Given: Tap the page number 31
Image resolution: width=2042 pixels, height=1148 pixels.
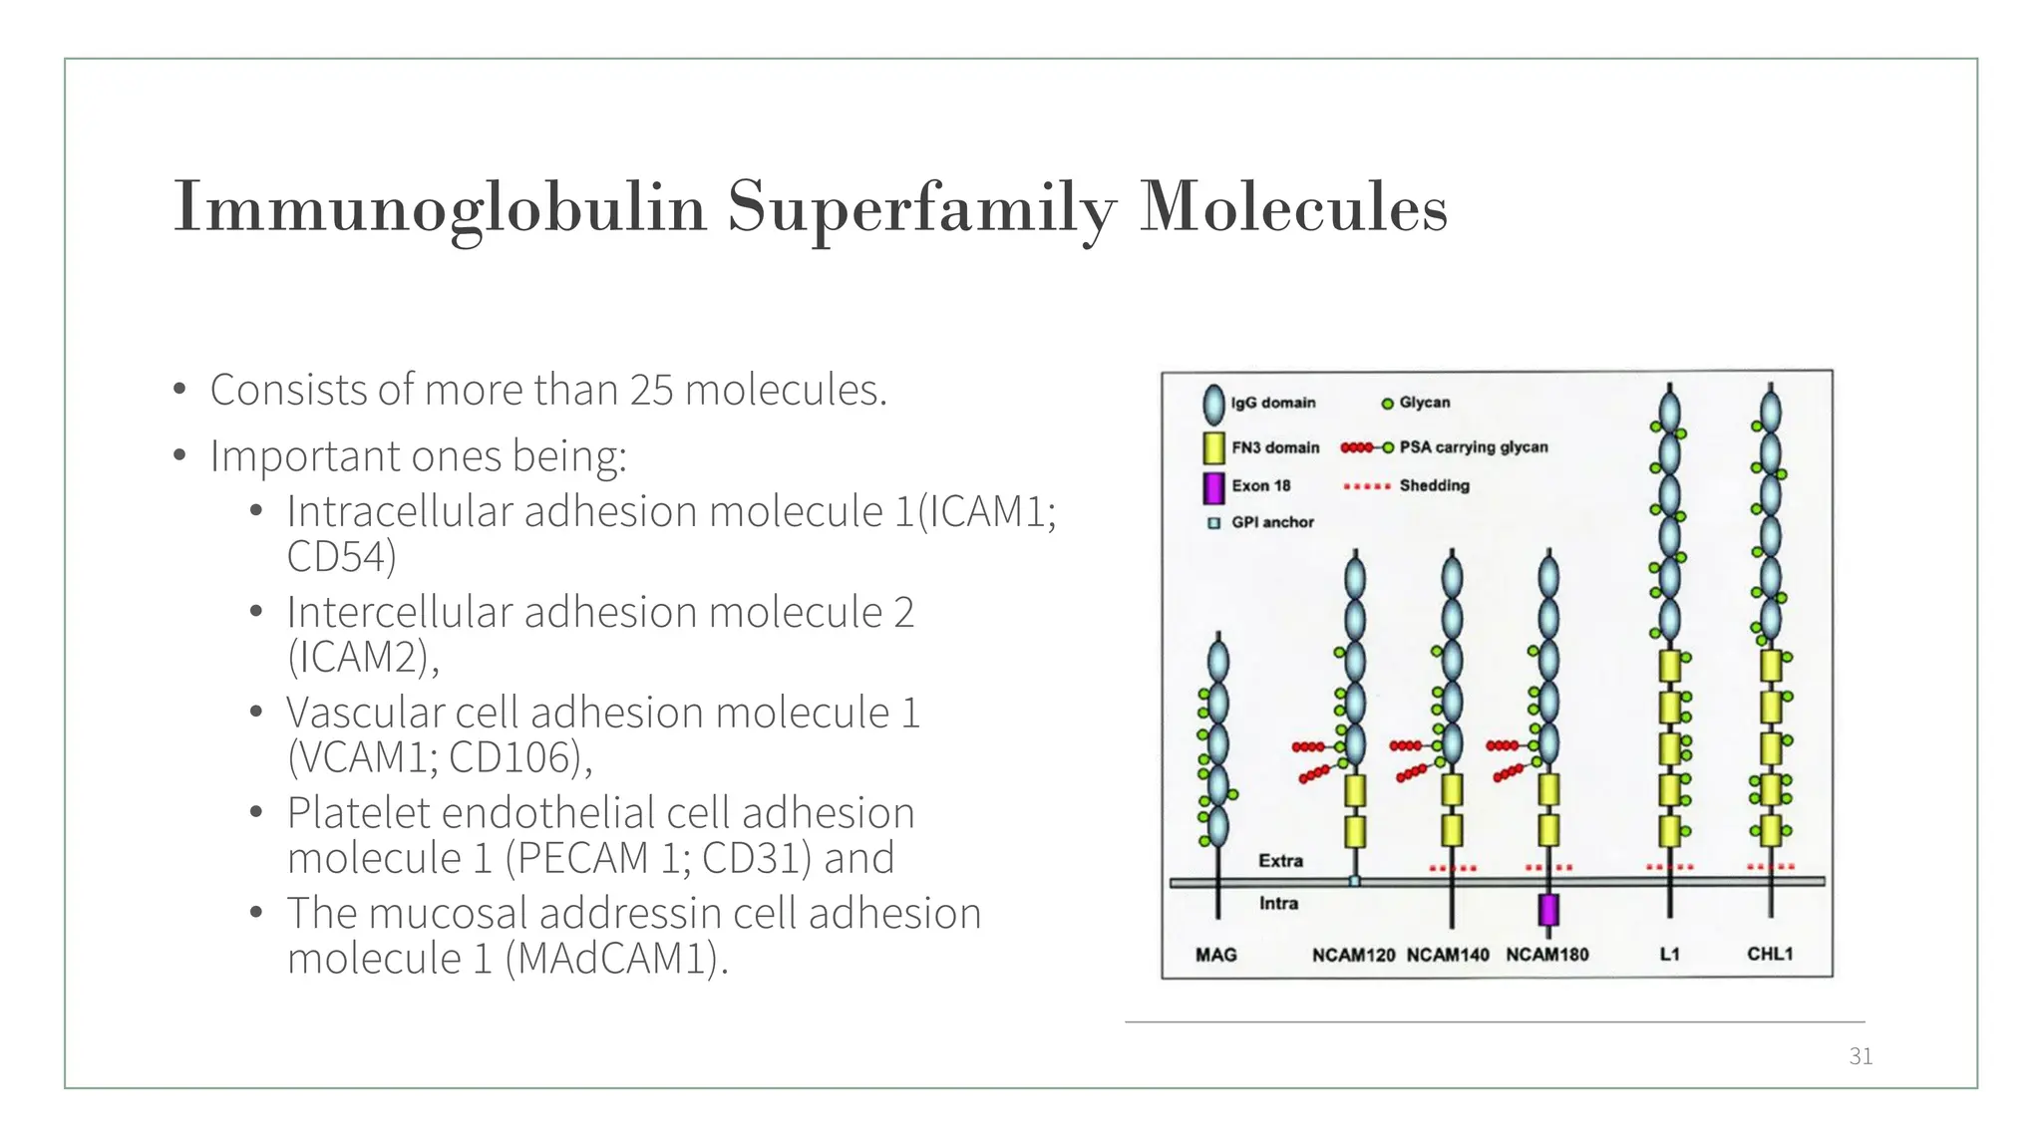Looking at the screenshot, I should coord(1861,1056).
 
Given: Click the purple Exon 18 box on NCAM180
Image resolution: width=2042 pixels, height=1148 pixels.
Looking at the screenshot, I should coord(1548,910).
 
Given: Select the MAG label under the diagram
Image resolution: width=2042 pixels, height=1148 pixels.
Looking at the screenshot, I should coord(1215,955).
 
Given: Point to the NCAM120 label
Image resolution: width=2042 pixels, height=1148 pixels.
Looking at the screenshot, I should coord(1353,955).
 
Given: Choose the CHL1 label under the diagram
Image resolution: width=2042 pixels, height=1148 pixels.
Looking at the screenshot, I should coord(1770,954).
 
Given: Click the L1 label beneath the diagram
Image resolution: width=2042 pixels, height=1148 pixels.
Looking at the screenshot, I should coord(1669,954).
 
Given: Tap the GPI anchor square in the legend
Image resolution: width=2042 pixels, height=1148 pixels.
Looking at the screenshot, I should coord(1213,523).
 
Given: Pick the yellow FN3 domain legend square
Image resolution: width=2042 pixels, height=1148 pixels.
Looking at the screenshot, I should coord(1213,447).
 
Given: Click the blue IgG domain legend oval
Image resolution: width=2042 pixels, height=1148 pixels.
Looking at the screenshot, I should coord(1213,404).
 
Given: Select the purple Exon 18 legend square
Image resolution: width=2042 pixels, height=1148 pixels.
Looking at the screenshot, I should coord(1213,486).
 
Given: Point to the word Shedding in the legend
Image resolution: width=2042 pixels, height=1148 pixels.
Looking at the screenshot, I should coord(1434,485).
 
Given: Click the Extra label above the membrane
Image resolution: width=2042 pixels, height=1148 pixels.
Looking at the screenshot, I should coord(1280,860).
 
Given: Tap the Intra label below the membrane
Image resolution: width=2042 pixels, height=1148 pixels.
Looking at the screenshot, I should coord(1278,903).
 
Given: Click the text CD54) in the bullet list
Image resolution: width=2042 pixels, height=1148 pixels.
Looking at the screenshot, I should coord(341,556).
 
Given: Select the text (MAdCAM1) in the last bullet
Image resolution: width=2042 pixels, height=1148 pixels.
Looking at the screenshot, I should coord(616,959).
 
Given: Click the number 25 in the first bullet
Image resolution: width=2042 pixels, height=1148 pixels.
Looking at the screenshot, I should coord(652,390).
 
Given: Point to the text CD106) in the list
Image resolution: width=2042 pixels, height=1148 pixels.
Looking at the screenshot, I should coord(519,757).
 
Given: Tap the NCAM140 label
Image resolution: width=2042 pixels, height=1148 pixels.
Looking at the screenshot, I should coord(1448,955).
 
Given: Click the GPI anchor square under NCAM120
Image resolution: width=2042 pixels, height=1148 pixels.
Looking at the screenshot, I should coord(1354,881).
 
